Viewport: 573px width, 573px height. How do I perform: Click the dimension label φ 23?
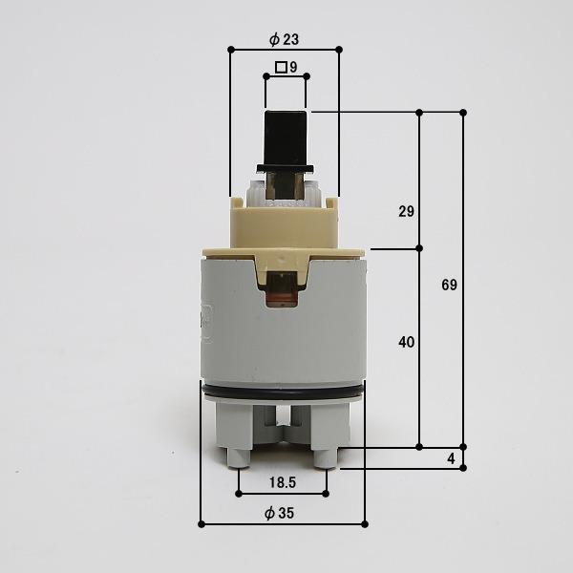tap(284, 39)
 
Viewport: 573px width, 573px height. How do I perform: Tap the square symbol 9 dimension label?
tap(286, 67)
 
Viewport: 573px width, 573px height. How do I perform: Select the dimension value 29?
tap(407, 211)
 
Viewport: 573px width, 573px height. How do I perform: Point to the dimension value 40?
tap(407, 342)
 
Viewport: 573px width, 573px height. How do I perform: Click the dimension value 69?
tap(449, 285)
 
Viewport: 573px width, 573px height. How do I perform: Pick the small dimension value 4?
tap(452, 458)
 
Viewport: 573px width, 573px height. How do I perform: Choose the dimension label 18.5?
tap(283, 482)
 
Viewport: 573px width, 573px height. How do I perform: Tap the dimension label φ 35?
tap(279, 513)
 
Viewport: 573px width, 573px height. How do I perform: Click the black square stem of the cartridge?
tap(286, 138)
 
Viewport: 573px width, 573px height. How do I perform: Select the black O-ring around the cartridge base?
tap(284, 393)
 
